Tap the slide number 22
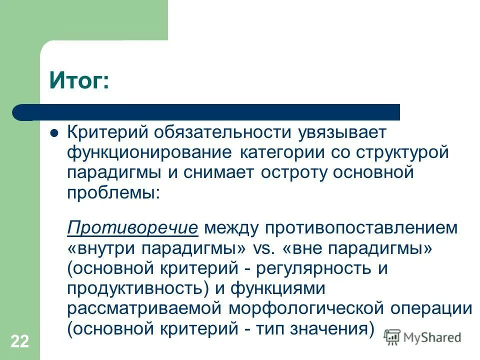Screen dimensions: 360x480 point(19,341)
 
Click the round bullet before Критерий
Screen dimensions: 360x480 point(55,133)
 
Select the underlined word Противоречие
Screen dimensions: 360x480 point(133,228)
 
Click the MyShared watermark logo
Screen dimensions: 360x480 point(423,337)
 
